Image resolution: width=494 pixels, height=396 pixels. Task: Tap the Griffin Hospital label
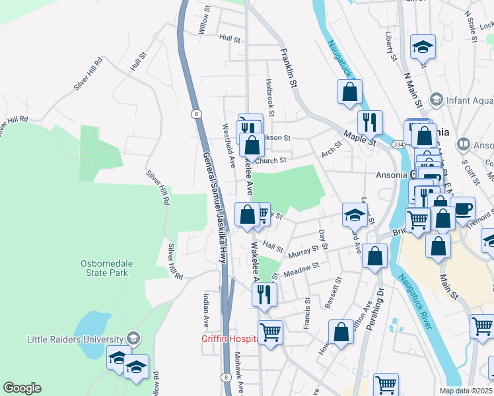229,339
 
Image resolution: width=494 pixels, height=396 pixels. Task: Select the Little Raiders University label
76,339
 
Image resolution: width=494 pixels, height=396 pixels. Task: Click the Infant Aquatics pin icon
436,100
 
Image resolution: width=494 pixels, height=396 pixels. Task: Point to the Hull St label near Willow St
230,39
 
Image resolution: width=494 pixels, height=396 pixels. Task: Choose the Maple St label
359,137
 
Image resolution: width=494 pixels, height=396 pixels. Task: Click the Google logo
22,388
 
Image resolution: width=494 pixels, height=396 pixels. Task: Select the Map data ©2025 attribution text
466,391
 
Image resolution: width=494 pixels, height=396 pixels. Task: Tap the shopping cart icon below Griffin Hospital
270,331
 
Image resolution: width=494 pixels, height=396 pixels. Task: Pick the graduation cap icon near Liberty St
423,47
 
